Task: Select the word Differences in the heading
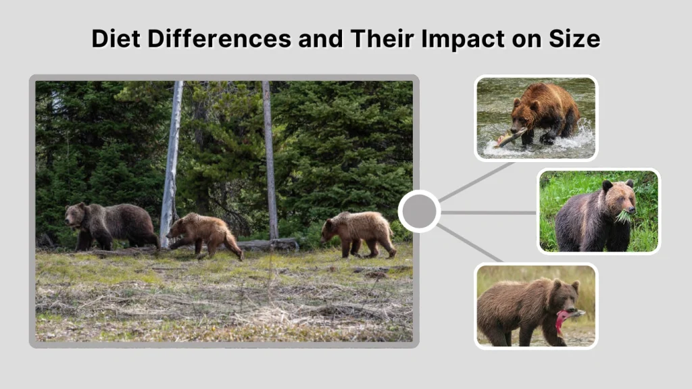tap(220, 38)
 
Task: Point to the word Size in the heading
tap(574, 38)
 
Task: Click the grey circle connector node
tap(419, 211)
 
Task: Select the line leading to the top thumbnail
tap(476, 182)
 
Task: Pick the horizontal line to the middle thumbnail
tap(489, 213)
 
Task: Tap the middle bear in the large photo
tap(205, 234)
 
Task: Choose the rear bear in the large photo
tap(358, 234)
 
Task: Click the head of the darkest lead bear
tap(76, 215)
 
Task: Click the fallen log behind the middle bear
tap(267, 244)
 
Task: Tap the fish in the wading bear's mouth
tap(510, 138)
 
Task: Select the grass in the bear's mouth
tap(623, 216)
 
